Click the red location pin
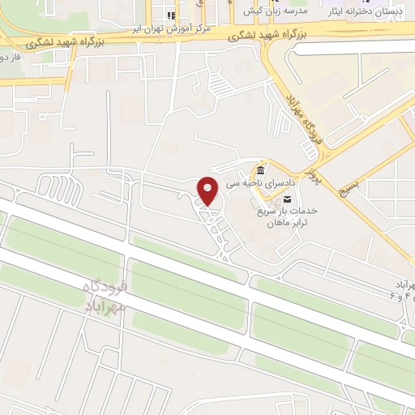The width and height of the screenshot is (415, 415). click(208, 190)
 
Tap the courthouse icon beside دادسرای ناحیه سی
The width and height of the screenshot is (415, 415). click(259, 172)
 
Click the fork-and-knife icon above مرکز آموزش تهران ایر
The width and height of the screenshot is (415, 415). click(170, 15)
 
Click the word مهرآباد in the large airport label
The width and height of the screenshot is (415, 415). click(106, 305)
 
